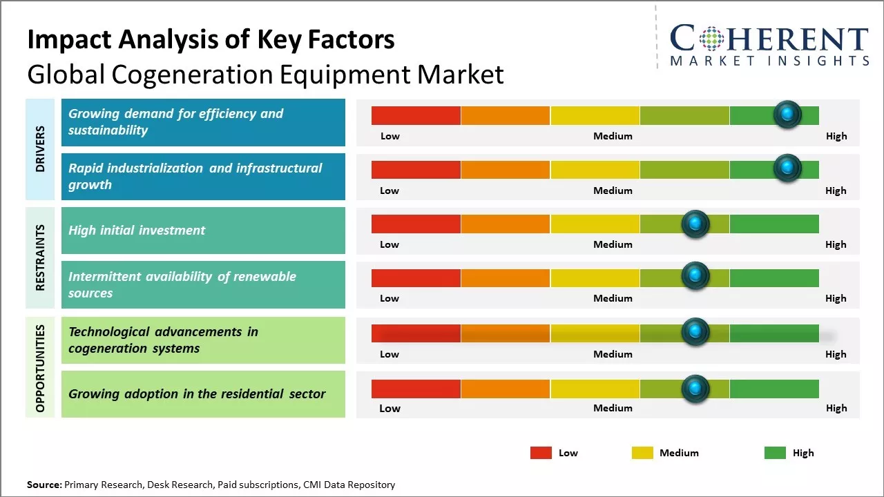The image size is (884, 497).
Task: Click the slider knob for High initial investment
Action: click(x=695, y=224)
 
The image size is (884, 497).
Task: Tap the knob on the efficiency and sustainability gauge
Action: click(x=787, y=115)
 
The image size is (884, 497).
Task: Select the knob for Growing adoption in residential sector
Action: click(x=695, y=389)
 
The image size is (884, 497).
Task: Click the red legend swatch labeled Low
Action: click(x=541, y=453)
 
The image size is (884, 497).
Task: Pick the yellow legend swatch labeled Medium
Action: click(x=642, y=453)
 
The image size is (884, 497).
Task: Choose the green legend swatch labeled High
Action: click(x=775, y=453)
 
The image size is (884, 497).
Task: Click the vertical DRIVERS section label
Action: click(x=40, y=149)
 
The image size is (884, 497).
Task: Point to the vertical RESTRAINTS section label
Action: click(x=40, y=257)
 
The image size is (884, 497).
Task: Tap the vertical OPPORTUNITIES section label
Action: click(x=40, y=368)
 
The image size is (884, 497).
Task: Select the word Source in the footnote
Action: click(x=44, y=485)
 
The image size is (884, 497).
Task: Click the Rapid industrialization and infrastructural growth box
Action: click(x=203, y=177)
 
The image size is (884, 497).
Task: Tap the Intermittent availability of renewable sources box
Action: click(x=203, y=284)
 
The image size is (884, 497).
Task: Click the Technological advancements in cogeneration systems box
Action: click(x=203, y=340)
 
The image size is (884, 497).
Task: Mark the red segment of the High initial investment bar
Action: click(x=416, y=224)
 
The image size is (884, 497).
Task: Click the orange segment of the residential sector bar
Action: click(x=506, y=389)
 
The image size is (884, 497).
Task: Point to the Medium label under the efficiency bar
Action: click(x=613, y=136)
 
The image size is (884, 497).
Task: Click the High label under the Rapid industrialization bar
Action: click(x=836, y=191)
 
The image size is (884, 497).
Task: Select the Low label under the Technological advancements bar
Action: click(x=390, y=354)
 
